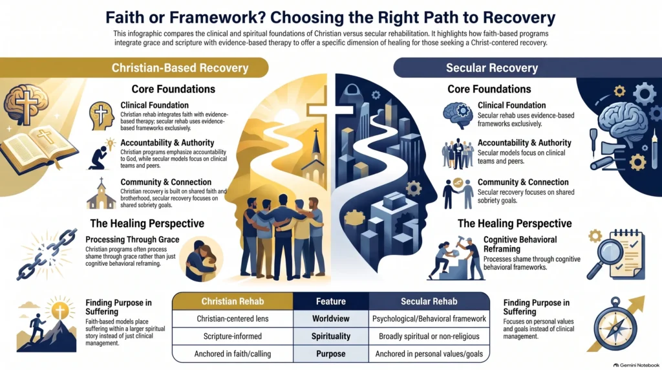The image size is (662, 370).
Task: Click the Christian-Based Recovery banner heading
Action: click(180, 67)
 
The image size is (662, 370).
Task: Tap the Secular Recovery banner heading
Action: click(492, 67)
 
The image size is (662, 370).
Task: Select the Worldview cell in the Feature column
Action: click(331, 318)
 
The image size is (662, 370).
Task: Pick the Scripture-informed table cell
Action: click(233, 336)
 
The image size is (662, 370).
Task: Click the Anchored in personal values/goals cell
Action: click(429, 354)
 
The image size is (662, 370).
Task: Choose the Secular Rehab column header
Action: click(429, 301)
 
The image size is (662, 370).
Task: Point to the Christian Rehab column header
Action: click(233, 301)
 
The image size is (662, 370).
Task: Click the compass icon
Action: click(615, 324)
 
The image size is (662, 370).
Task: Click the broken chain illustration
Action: click(47, 254)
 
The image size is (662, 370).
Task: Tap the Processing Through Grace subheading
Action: click(132, 239)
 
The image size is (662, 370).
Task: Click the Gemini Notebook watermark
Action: click(636, 365)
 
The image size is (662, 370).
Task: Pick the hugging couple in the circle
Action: click(200, 259)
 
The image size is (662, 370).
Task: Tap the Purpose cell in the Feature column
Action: click(331, 354)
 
